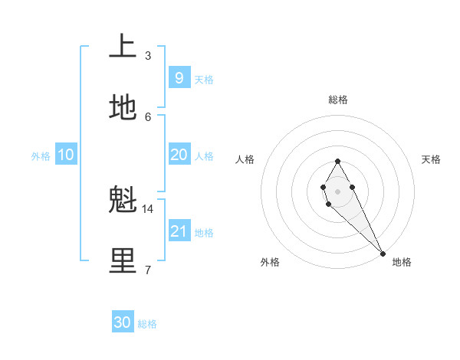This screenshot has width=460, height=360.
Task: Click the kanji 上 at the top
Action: point(123,47)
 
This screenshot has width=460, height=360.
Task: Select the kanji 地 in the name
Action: point(123,109)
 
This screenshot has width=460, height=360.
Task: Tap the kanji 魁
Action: point(123,201)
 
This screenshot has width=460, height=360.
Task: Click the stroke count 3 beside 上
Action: point(148,55)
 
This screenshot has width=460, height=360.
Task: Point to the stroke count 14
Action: point(148,208)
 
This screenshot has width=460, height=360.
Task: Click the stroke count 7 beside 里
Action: point(148,269)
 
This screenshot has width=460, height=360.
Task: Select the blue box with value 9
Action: point(179,77)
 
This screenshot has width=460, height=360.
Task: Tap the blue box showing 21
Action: point(179,231)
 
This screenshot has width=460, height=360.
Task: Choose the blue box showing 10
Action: point(65,155)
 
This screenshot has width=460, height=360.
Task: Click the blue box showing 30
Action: point(123,322)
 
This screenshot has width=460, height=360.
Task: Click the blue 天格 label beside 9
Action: point(204,80)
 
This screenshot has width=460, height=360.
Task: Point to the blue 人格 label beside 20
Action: point(204,156)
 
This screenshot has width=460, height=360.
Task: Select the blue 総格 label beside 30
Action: point(147,324)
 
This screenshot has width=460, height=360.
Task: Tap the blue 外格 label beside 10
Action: point(41,156)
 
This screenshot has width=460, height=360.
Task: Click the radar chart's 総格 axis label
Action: point(338,100)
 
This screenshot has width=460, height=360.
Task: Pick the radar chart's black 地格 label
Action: point(402,262)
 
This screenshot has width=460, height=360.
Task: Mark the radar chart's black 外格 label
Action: point(270,262)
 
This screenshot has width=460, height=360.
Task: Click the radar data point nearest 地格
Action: point(383,254)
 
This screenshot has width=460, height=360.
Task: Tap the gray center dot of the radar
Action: point(337,191)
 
